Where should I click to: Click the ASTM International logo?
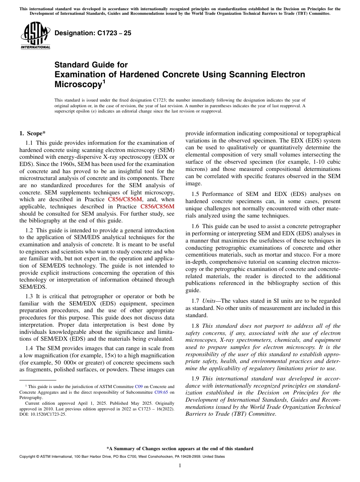tap(35, 36)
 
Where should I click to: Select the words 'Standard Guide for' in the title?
tap(91, 65)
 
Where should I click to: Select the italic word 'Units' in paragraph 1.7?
tap(210, 301)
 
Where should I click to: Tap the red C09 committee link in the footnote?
tap(139, 387)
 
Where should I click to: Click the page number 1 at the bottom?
tap(180, 465)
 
